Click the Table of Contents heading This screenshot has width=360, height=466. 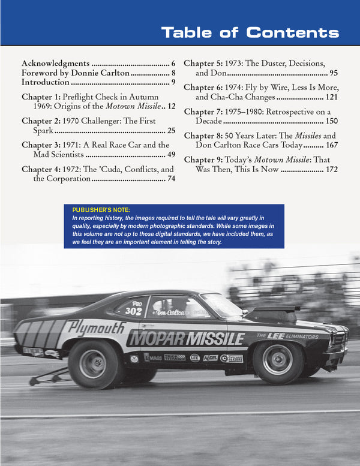click(x=250, y=32)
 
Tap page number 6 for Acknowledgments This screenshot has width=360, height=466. click(x=173, y=63)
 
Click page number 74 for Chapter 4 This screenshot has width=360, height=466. click(x=171, y=179)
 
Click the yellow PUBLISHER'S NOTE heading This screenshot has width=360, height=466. click(x=100, y=209)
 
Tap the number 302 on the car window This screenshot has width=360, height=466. click(x=133, y=311)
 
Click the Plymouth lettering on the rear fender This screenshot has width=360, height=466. click(x=95, y=327)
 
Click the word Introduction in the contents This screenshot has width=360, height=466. click(x=46, y=82)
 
